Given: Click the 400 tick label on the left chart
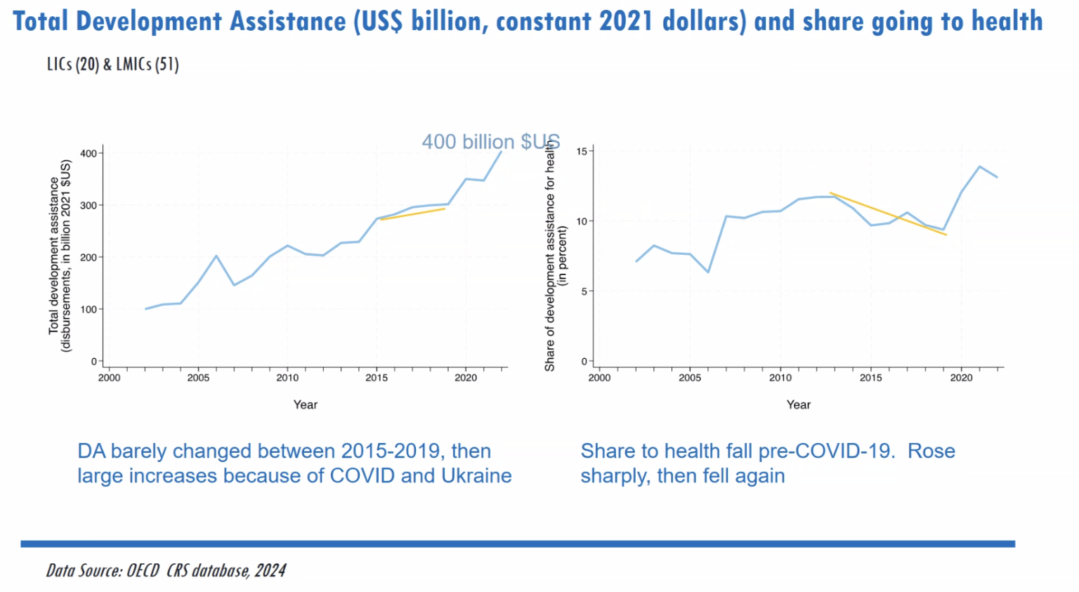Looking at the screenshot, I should pyautogui.click(x=88, y=153).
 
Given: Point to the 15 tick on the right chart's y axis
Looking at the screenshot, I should pyautogui.click(x=582, y=151).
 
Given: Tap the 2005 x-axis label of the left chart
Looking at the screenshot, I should pyautogui.click(x=198, y=378).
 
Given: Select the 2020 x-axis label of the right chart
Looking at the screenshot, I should pyautogui.click(x=961, y=378).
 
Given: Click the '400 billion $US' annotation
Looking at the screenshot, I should pyautogui.click(x=490, y=142).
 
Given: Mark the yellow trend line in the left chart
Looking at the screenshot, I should pyautogui.click(x=413, y=213).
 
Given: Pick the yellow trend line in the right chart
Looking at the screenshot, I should pyautogui.click(x=889, y=213).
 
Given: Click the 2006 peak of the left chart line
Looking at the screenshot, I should pyautogui.click(x=216, y=256).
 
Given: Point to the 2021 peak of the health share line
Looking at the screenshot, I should pyautogui.click(x=979, y=166).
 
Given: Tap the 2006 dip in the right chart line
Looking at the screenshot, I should pyautogui.click(x=708, y=272).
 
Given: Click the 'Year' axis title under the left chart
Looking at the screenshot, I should pyautogui.click(x=306, y=404).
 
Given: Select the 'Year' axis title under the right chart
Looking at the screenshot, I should pyautogui.click(x=798, y=404).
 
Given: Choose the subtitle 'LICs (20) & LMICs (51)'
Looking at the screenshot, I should pyautogui.click(x=112, y=65).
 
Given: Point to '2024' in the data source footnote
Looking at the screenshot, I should pyautogui.click(x=270, y=570).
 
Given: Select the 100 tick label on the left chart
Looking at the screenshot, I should pyautogui.click(x=88, y=309).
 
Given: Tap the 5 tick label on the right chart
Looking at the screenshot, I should pyautogui.click(x=584, y=291).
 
